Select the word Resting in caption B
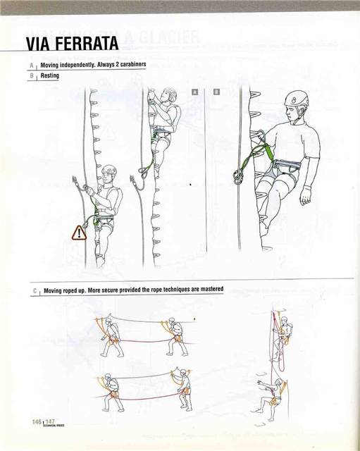pyautogui.click(x=50, y=75)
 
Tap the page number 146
pyautogui.click(x=37, y=421)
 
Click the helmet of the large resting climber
pyautogui.click(x=297, y=99)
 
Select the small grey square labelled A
pyautogui.click(x=195, y=92)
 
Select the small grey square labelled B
pyautogui.click(x=216, y=92)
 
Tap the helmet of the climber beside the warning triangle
pyautogui.click(x=110, y=171)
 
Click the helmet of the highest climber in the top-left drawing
pyautogui.click(x=170, y=93)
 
